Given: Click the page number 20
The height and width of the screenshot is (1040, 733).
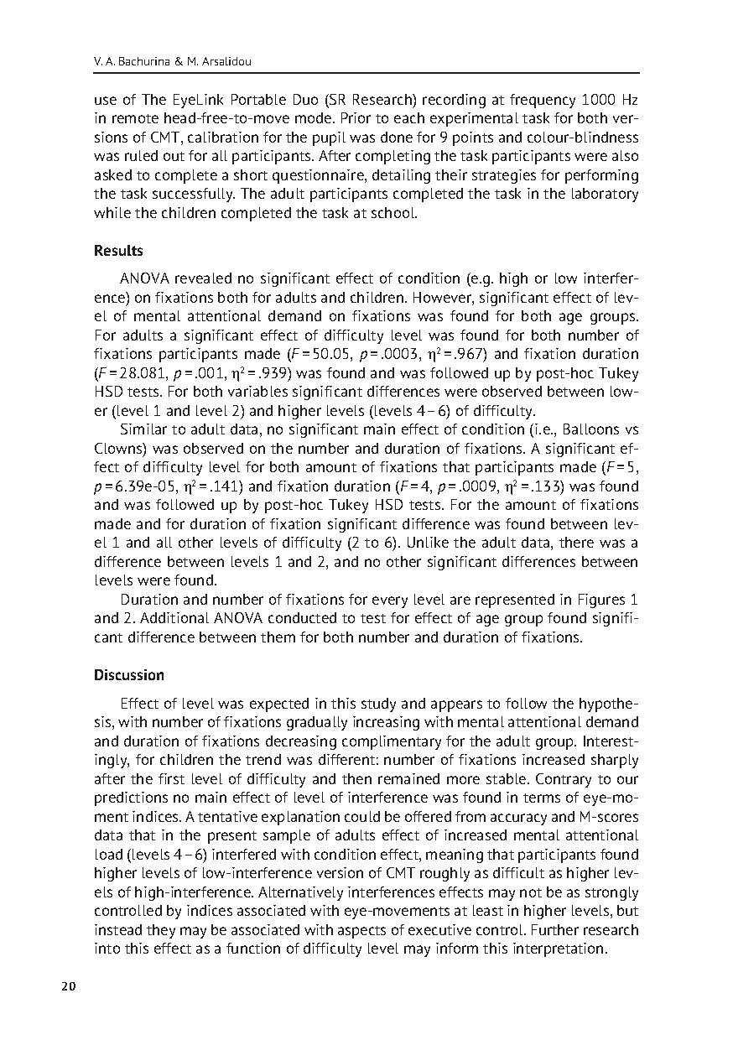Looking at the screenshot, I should click(69, 986).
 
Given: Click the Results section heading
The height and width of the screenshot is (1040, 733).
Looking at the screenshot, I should click(118, 251).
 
